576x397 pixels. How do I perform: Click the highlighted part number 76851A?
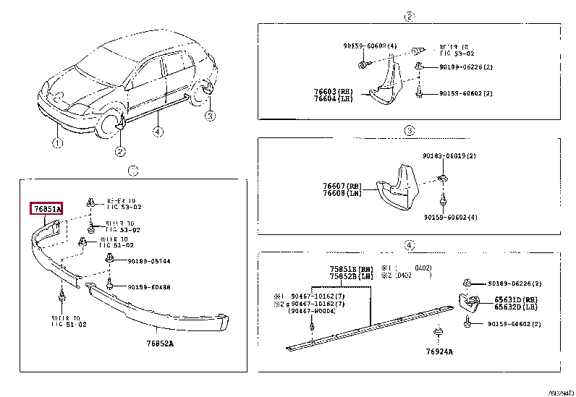point(46,209)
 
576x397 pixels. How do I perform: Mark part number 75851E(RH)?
point(351,268)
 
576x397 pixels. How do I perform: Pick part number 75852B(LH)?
point(351,276)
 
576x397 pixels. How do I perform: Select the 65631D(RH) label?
point(515,298)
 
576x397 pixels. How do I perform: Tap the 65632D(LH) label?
point(515,306)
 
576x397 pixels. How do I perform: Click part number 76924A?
point(439,351)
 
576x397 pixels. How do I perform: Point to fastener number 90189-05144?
point(150,260)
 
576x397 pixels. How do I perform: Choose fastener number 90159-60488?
point(150,287)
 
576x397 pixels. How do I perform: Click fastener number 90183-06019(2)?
point(449,155)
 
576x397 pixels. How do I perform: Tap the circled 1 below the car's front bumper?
point(56,143)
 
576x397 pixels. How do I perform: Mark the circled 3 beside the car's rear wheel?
point(209,116)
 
